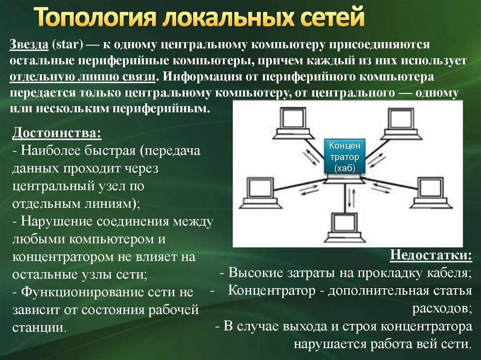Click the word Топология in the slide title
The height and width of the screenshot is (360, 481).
pyautogui.click(x=96, y=17)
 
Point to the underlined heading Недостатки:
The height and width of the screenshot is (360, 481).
pyautogui.click(x=431, y=256)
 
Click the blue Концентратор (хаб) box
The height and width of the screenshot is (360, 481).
pyautogui.click(x=344, y=157)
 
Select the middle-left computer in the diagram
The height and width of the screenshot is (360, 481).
pyautogui.click(x=258, y=192)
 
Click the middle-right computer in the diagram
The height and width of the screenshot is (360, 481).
pyautogui.click(x=430, y=192)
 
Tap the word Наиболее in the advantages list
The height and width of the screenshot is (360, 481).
pyautogui.click(x=52, y=151)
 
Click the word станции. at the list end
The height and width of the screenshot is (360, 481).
pyautogui.click(x=39, y=327)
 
